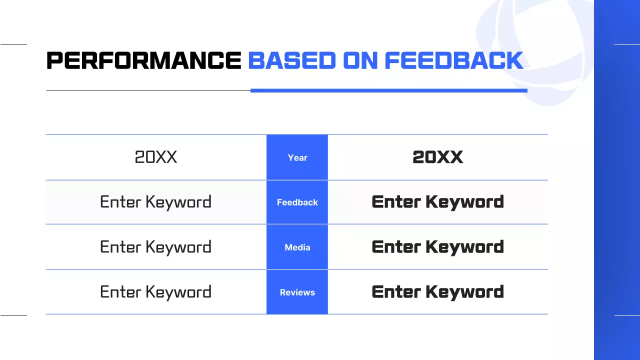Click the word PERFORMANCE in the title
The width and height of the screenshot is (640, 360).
(x=143, y=61)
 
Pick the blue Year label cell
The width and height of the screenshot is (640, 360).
(x=297, y=157)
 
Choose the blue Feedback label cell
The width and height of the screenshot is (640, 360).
(x=297, y=202)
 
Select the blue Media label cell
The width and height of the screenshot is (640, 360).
(x=297, y=247)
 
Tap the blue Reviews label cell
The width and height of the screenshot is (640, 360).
(x=297, y=292)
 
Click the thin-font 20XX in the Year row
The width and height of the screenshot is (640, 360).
(x=156, y=157)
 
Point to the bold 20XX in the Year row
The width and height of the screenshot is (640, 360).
(x=437, y=157)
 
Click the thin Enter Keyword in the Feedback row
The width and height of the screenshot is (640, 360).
(x=156, y=202)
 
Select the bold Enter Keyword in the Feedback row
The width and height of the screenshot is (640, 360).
(x=437, y=202)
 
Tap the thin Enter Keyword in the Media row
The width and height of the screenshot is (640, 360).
(x=156, y=247)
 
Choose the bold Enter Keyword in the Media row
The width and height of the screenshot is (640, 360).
(x=437, y=247)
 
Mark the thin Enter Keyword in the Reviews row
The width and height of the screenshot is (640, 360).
(x=156, y=292)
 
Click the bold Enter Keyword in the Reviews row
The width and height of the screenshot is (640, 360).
(x=437, y=292)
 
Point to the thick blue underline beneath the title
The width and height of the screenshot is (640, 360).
(x=388, y=90)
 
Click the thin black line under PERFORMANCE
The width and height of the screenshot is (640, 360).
(x=147, y=90)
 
